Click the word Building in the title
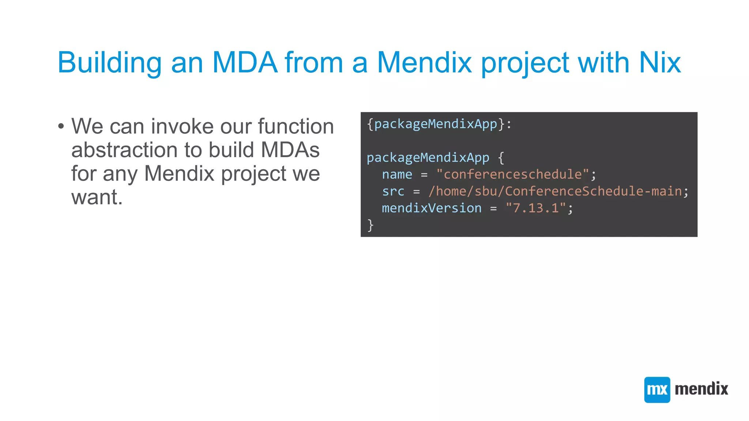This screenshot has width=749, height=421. point(109,63)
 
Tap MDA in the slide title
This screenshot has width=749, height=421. point(244,63)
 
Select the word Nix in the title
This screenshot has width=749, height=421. point(659,63)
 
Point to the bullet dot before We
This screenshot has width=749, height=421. point(61,127)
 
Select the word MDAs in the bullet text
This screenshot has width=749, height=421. point(290,150)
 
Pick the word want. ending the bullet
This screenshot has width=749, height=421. point(97,197)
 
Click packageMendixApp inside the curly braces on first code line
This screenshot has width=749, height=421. point(436,124)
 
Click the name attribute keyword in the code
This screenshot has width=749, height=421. point(397,175)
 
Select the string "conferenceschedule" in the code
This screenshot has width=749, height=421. point(512,175)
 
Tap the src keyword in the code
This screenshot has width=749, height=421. point(393,191)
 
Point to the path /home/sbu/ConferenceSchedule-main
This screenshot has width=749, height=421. point(555,191)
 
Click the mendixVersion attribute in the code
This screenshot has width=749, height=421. point(432,208)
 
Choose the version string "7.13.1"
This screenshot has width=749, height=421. point(535,208)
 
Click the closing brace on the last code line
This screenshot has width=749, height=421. point(370,225)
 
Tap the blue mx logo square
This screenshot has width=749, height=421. point(657,390)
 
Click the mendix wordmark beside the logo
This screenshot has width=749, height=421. point(701,389)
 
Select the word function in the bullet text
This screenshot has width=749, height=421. point(296,126)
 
